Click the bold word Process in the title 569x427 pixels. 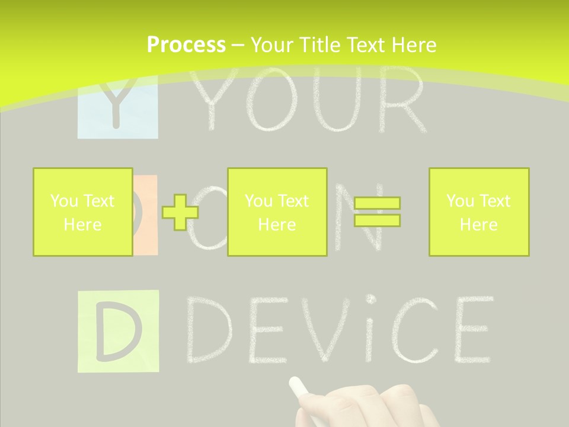coord(186,45)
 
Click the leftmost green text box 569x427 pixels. coord(82,212)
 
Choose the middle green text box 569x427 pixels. coord(277,212)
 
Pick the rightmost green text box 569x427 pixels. coord(478,212)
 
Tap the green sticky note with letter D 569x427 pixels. coord(118,331)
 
